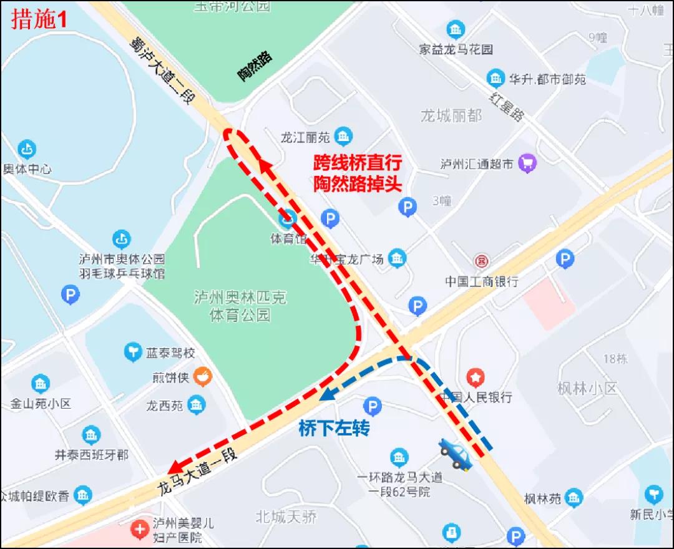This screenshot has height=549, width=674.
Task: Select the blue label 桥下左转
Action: pos(334,429)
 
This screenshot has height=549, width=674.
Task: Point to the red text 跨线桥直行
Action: pos(358,163)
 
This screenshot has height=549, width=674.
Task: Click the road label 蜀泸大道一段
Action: pos(163,70)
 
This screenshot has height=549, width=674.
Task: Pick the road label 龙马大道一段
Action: pos(198,472)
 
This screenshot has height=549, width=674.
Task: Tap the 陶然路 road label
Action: pos(255,67)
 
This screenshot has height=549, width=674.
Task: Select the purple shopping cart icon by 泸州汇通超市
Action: pos(528,163)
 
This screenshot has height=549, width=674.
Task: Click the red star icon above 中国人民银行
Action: pos(476,377)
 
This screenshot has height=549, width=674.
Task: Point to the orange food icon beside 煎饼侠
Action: pos(202,377)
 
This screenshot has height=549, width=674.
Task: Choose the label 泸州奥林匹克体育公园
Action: pos(240,306)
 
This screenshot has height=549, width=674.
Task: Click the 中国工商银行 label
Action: pos(481,281)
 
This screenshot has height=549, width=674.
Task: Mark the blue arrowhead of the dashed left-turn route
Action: pos(325,395)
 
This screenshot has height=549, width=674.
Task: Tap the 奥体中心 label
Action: pos(27,169)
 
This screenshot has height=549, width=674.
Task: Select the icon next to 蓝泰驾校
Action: pos(133,352)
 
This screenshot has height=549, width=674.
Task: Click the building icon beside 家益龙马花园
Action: pos(456,29)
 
